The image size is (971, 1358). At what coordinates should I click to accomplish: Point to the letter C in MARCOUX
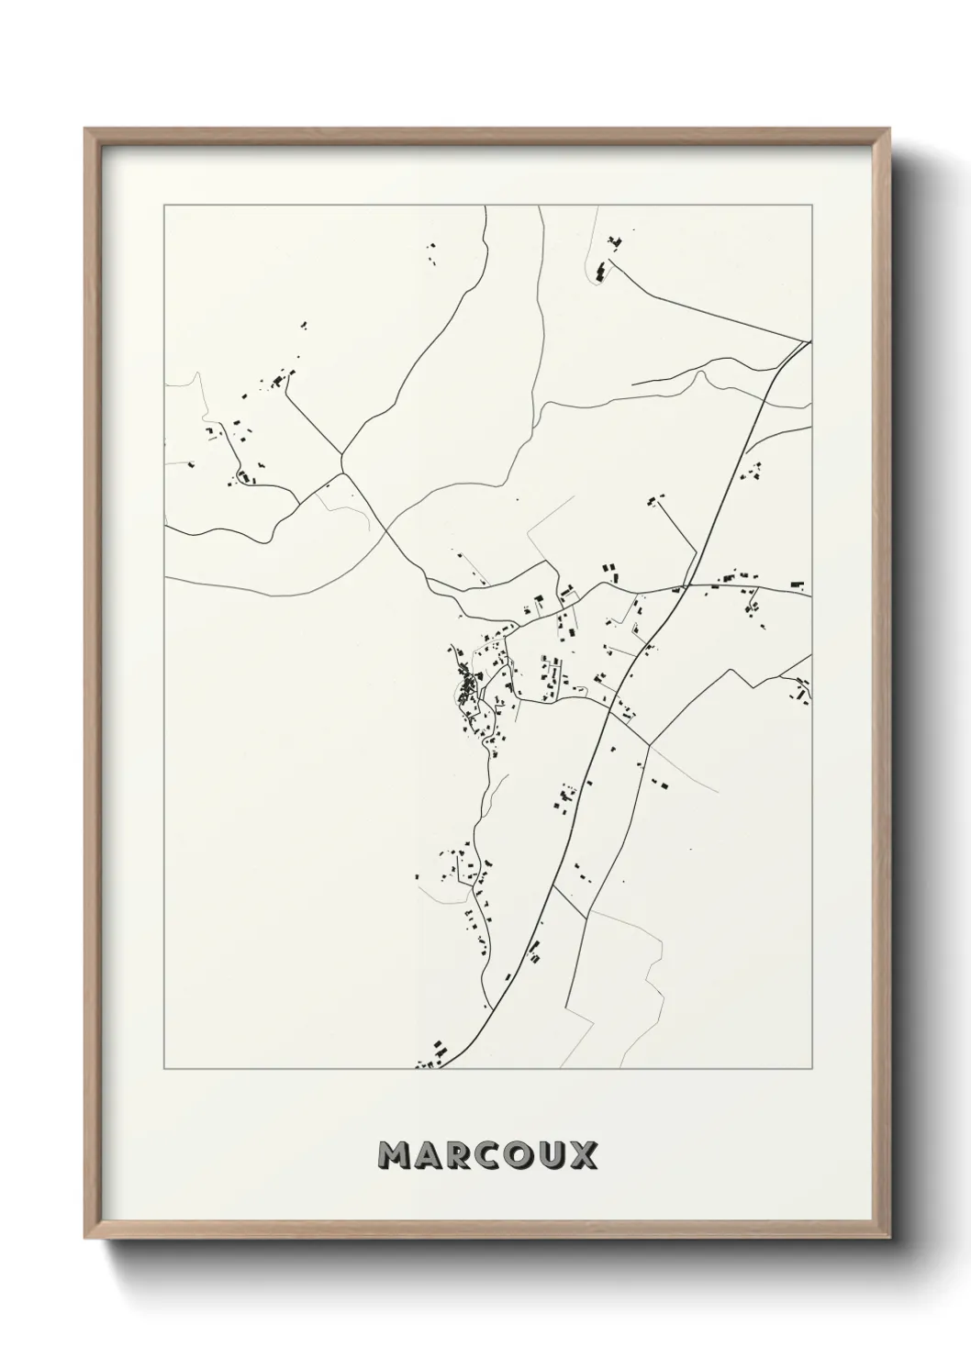coord(492,1154)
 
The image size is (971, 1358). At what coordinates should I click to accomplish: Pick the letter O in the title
coord(523,1154)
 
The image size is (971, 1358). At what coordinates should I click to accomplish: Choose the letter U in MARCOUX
coord(554,1154)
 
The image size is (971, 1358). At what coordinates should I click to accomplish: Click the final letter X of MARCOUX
coord(585,1154)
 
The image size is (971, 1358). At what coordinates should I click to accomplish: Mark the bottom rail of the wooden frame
coord(487,1227)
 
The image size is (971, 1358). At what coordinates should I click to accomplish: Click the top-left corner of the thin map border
coord(164,205)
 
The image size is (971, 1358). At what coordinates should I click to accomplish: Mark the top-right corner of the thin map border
coord(811,205)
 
